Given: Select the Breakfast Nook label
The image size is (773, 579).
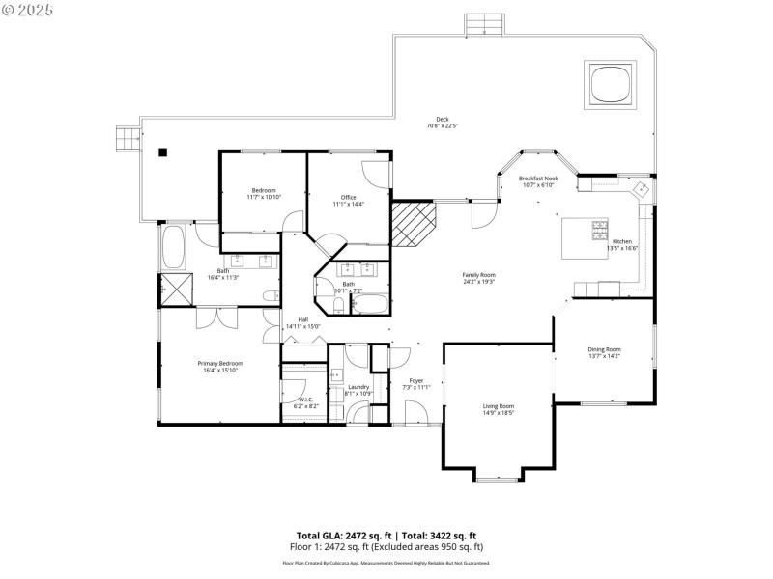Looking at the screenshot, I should coord(537,179).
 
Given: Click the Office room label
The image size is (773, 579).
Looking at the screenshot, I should coord(348,197).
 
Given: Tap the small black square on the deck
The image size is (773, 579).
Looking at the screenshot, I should coord(163,152).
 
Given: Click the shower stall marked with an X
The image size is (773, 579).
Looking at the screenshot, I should coord(177,289).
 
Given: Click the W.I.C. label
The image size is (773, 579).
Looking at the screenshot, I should coord(305,400).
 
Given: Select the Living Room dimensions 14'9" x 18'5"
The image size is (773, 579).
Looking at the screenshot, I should coord(499,413).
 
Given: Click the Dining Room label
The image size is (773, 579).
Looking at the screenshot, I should coord(604,349).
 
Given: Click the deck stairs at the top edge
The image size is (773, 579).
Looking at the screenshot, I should coord(485,24).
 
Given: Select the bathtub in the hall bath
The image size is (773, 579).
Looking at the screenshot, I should coord(368,305).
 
